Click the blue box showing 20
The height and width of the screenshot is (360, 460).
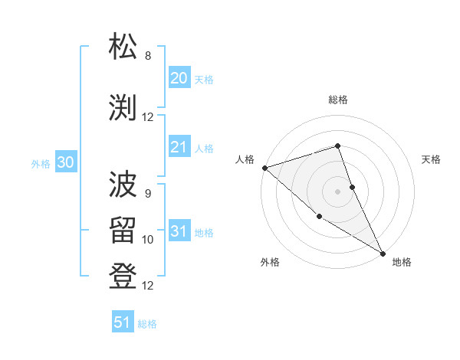(x=179, y=78)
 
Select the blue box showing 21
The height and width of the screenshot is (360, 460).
(x=179, y=148)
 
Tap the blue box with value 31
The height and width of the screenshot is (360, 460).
(x=179, y=232)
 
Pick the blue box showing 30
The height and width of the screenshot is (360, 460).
(x=65, y=162)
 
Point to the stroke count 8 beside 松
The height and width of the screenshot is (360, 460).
(x=148, y=56)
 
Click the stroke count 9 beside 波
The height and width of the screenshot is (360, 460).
(x=148, y=193)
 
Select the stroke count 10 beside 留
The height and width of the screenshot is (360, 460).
(x=148, y=240)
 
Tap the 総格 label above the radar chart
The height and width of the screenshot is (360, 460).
(x=338, y=100)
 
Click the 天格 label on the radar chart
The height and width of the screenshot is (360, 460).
(x=432, y=159)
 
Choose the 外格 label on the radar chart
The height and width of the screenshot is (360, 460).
(x=270, y=262)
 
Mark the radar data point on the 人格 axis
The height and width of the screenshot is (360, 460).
(x=264, y=168)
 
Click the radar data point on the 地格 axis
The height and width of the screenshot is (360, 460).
(x=383, y=253)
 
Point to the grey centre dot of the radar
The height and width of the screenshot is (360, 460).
(x=338, y=191)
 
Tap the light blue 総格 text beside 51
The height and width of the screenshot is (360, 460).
(x=147, y=324)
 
